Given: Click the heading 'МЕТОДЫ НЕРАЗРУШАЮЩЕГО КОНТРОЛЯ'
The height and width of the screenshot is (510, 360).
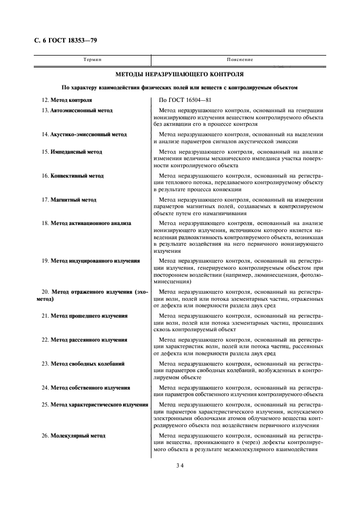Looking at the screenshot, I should click(180, 74).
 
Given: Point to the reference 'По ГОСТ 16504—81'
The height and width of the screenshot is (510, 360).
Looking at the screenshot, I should click(186, 100).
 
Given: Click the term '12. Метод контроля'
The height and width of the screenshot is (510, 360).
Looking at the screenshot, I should click(67, 100).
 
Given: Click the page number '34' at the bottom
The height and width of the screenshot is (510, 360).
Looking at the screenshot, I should click(180, 466).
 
